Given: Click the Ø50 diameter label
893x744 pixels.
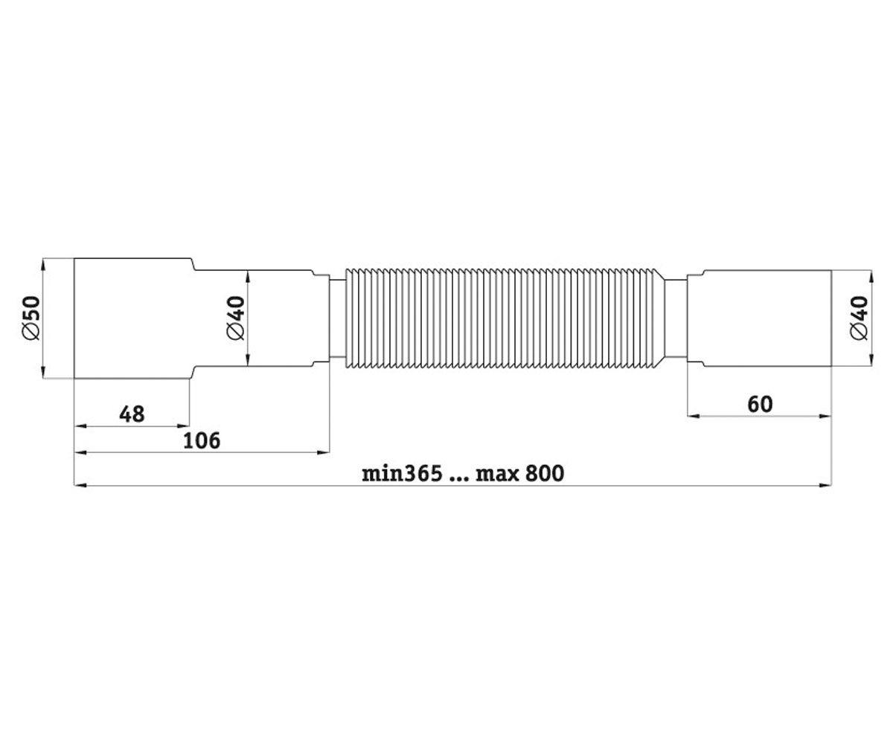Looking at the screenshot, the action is pyautogui.click(x=31, y=318).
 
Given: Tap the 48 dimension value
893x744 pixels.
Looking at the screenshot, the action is pyautogui.click(x=132, y=414).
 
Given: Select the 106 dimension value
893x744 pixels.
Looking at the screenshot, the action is pyautogui.click(x=202, y=440).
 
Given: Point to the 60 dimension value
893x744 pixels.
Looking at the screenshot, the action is pyautogui.click(x=760, y=404).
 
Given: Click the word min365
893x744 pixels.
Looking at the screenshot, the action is pyautogui.click(x=402, y=474).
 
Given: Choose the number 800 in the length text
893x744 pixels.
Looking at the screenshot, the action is pyautogui.click(x=545, y=474).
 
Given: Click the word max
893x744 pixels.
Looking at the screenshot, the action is pyautogui.click(x=497, y=475).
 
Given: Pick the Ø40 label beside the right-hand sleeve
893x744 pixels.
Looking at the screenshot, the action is pyautogui.click(x=860, y=318).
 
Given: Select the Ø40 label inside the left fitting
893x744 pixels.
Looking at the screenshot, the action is pyautogui.click(x=236, y=318).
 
